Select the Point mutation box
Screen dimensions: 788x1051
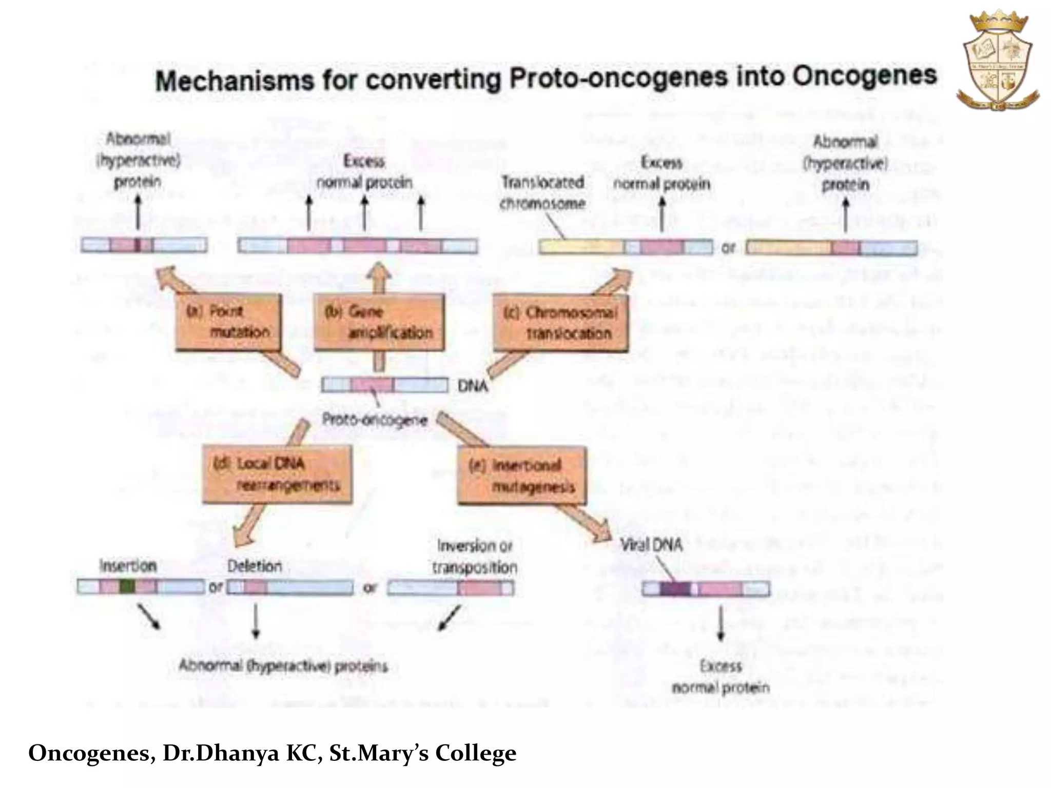tap(228, 322)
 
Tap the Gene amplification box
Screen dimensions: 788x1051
tap(379, 322)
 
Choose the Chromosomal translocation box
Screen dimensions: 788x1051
tap(560, 323)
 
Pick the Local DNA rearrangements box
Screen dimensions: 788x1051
tap(277, 475)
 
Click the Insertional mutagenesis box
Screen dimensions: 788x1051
tap(521, 476)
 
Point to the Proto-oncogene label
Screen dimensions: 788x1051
tap(374, 420)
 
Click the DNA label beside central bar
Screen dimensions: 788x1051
tap(472, 386)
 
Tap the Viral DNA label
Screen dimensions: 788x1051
tap(651, 545)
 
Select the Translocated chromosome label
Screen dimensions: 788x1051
tap(542, 192)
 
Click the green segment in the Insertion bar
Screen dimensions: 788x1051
tap(127, 586)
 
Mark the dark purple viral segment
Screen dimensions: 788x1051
tap(674, 589)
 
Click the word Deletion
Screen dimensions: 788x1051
tap(255, 566)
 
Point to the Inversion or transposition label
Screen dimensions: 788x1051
tap(474, 557)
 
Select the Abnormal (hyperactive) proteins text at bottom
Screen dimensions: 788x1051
tap(283, 666)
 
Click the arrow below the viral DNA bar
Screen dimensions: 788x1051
tap(721, 623)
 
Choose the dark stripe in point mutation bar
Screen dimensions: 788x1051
tap(138, 245)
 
